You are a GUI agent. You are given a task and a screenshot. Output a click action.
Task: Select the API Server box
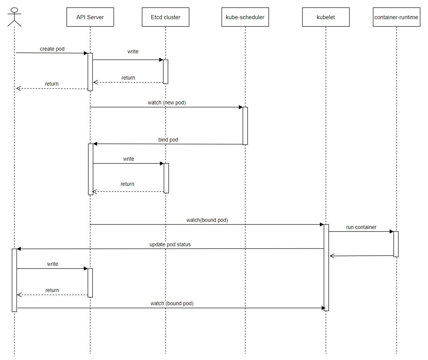pyautogui.click(x=90, y=17)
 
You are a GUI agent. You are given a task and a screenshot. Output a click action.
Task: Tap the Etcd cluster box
pyautogui.click(x=165, y=17)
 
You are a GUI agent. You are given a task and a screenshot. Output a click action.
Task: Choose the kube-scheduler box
pyautogui.click(x=245, y=17)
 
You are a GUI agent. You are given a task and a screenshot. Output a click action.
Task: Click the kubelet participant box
pyautogui.click(x=326, y=17)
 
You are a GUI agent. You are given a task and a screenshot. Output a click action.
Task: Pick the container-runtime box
pyautogui.click(x=396, y=17)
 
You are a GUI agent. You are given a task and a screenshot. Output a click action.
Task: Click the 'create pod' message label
pyautogui.click(x=52, y=49)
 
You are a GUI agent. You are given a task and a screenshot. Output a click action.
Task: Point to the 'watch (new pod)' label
pyautogui.click(x=167, y=102)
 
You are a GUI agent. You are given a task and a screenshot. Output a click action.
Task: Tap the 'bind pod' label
pyautogui.click(x=168, y=140)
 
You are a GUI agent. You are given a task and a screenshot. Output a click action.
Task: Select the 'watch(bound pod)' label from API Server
pyautogui.click(x=207, y=220)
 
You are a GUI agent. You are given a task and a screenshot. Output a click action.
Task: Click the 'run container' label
pyautogui.click(x=361, y=227)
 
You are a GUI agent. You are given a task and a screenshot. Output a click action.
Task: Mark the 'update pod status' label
pyautogui.click(x=170, y=244)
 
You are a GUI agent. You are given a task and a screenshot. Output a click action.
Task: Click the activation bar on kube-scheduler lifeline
pyautogui.click(x=245, y=126)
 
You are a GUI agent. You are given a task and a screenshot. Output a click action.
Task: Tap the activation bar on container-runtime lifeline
pyautogui.click(x=396, y=244)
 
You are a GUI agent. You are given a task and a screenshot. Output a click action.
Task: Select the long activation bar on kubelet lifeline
pyautogui.click(x=326, y=267)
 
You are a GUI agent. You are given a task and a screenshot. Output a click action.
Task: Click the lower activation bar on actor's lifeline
pyautogui.click(x=14, y=280)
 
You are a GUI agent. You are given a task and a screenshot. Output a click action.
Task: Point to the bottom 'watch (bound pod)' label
pyautogui.click(x=172, y=303)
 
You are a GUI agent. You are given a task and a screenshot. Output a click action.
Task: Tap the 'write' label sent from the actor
pyautogui.click(x=53, y=264)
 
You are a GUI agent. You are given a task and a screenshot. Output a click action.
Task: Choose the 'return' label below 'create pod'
pyautogui.click(x=52, y=84)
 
